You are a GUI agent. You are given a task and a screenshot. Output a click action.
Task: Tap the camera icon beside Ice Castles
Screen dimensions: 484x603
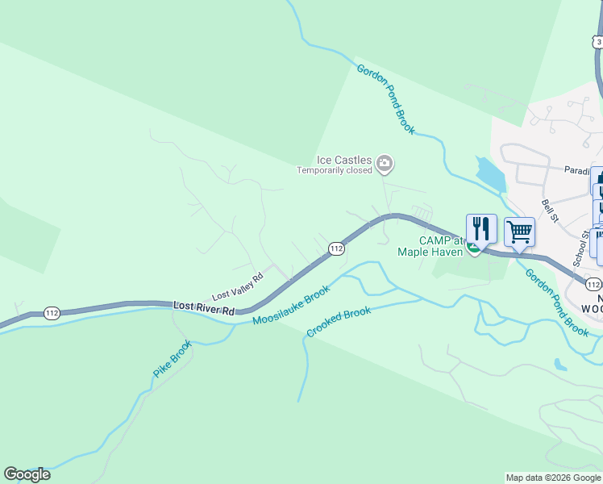tap(385, 165)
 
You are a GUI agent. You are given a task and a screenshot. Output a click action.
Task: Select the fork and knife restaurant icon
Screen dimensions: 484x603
tap(481, 229)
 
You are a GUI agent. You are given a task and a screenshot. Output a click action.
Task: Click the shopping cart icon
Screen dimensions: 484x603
tap(520, 232)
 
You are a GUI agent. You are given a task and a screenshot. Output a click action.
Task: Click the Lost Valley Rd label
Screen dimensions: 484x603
tap(237, 286)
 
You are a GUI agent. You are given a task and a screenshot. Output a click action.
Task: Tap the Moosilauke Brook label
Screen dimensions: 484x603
tap(291, 306)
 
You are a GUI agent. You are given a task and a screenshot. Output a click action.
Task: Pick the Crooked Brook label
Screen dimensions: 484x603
tap(339, 322)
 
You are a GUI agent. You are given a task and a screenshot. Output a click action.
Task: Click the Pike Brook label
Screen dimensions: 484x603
tap(173, 360)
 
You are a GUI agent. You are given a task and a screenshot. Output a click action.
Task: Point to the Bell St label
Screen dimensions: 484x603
tap(551, 211)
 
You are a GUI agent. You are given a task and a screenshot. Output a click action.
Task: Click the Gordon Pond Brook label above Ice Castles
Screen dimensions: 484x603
tap(385, 99)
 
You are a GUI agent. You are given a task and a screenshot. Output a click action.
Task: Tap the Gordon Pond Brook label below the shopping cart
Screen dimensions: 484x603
tap(558, 302)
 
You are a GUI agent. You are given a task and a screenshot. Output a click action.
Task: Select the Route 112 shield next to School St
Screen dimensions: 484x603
tap(593, 285)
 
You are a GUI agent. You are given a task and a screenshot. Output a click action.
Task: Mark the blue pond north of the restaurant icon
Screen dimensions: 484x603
tap(489, 174)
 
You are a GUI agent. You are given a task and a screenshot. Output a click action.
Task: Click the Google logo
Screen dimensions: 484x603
tap(27, 474)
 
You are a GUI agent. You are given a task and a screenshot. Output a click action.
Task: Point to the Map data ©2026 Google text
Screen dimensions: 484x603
tap(553, 478)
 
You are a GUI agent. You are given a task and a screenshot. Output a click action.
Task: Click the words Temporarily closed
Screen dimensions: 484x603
tap(335, 170)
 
